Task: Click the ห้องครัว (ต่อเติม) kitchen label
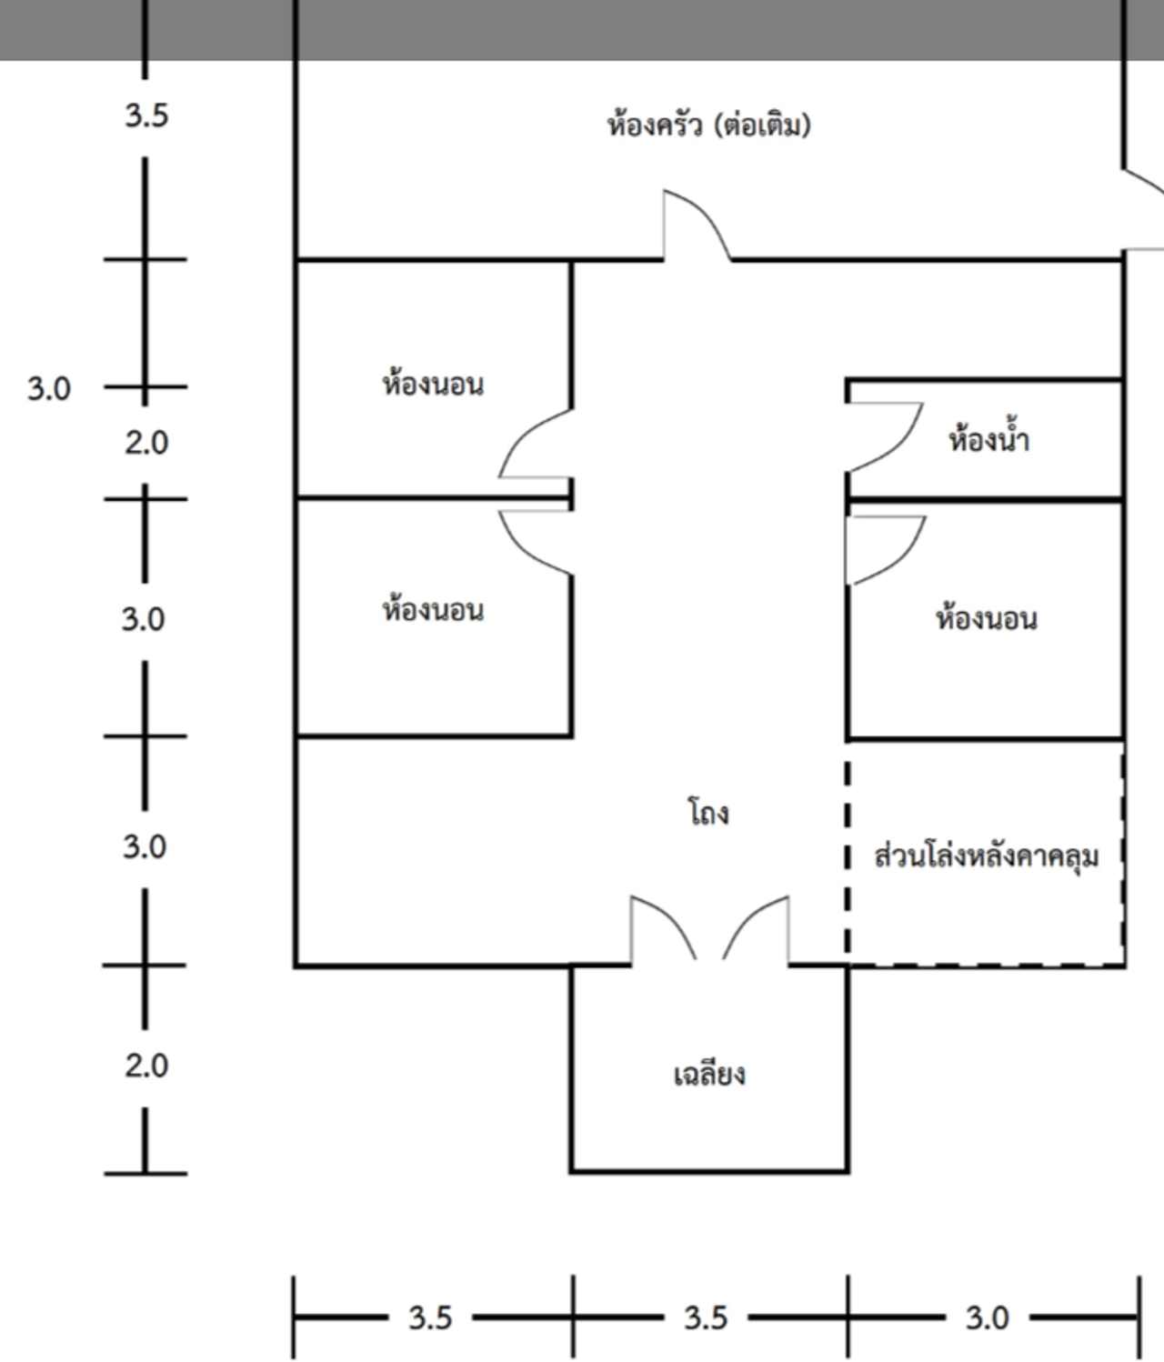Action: tap(708, 125)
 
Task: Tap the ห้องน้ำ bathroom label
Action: tap(988, 441)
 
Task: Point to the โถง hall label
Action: tap(708, 812)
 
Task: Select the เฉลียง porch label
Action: tap(709, 1075)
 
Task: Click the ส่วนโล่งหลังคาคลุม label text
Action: tap(987, 856)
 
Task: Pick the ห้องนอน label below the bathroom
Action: tap(987, 619)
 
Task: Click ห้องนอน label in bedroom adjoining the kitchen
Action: tap(433, 385)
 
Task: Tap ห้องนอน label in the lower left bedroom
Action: tap(433, 610)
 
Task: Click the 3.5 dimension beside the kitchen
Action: tap(146, 115)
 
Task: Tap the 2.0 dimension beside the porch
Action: tap(146, 1065)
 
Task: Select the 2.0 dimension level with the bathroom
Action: tap(146, 443)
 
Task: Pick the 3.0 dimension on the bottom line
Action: tap(987, 1317)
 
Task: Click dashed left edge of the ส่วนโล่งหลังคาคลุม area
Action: tap(848, 855)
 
